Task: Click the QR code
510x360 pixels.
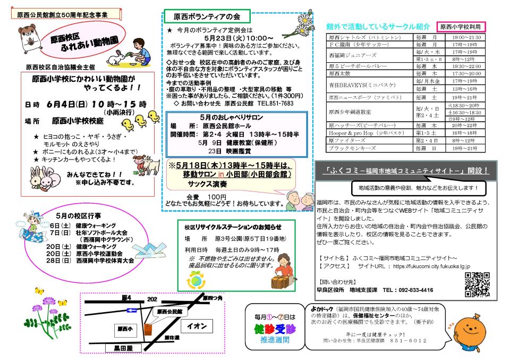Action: click(477, 284)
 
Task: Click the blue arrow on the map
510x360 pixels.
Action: click(132, 309)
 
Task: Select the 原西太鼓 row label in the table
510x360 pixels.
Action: click(341, 73)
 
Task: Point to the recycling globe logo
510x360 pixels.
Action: click(196, 280)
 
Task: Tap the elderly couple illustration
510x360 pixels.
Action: click(300, 202)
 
